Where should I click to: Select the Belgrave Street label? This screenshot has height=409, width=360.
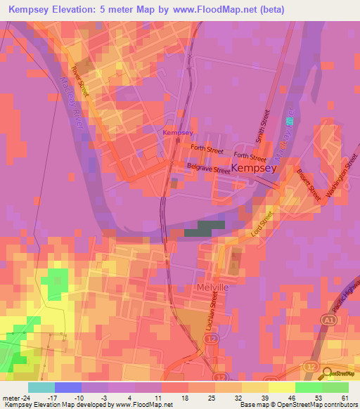pos(209,169)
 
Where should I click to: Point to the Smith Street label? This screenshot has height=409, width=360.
pos(262,126)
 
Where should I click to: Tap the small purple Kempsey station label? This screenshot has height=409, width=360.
pos(178,132)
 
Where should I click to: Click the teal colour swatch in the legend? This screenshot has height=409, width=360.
pos(41,387)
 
